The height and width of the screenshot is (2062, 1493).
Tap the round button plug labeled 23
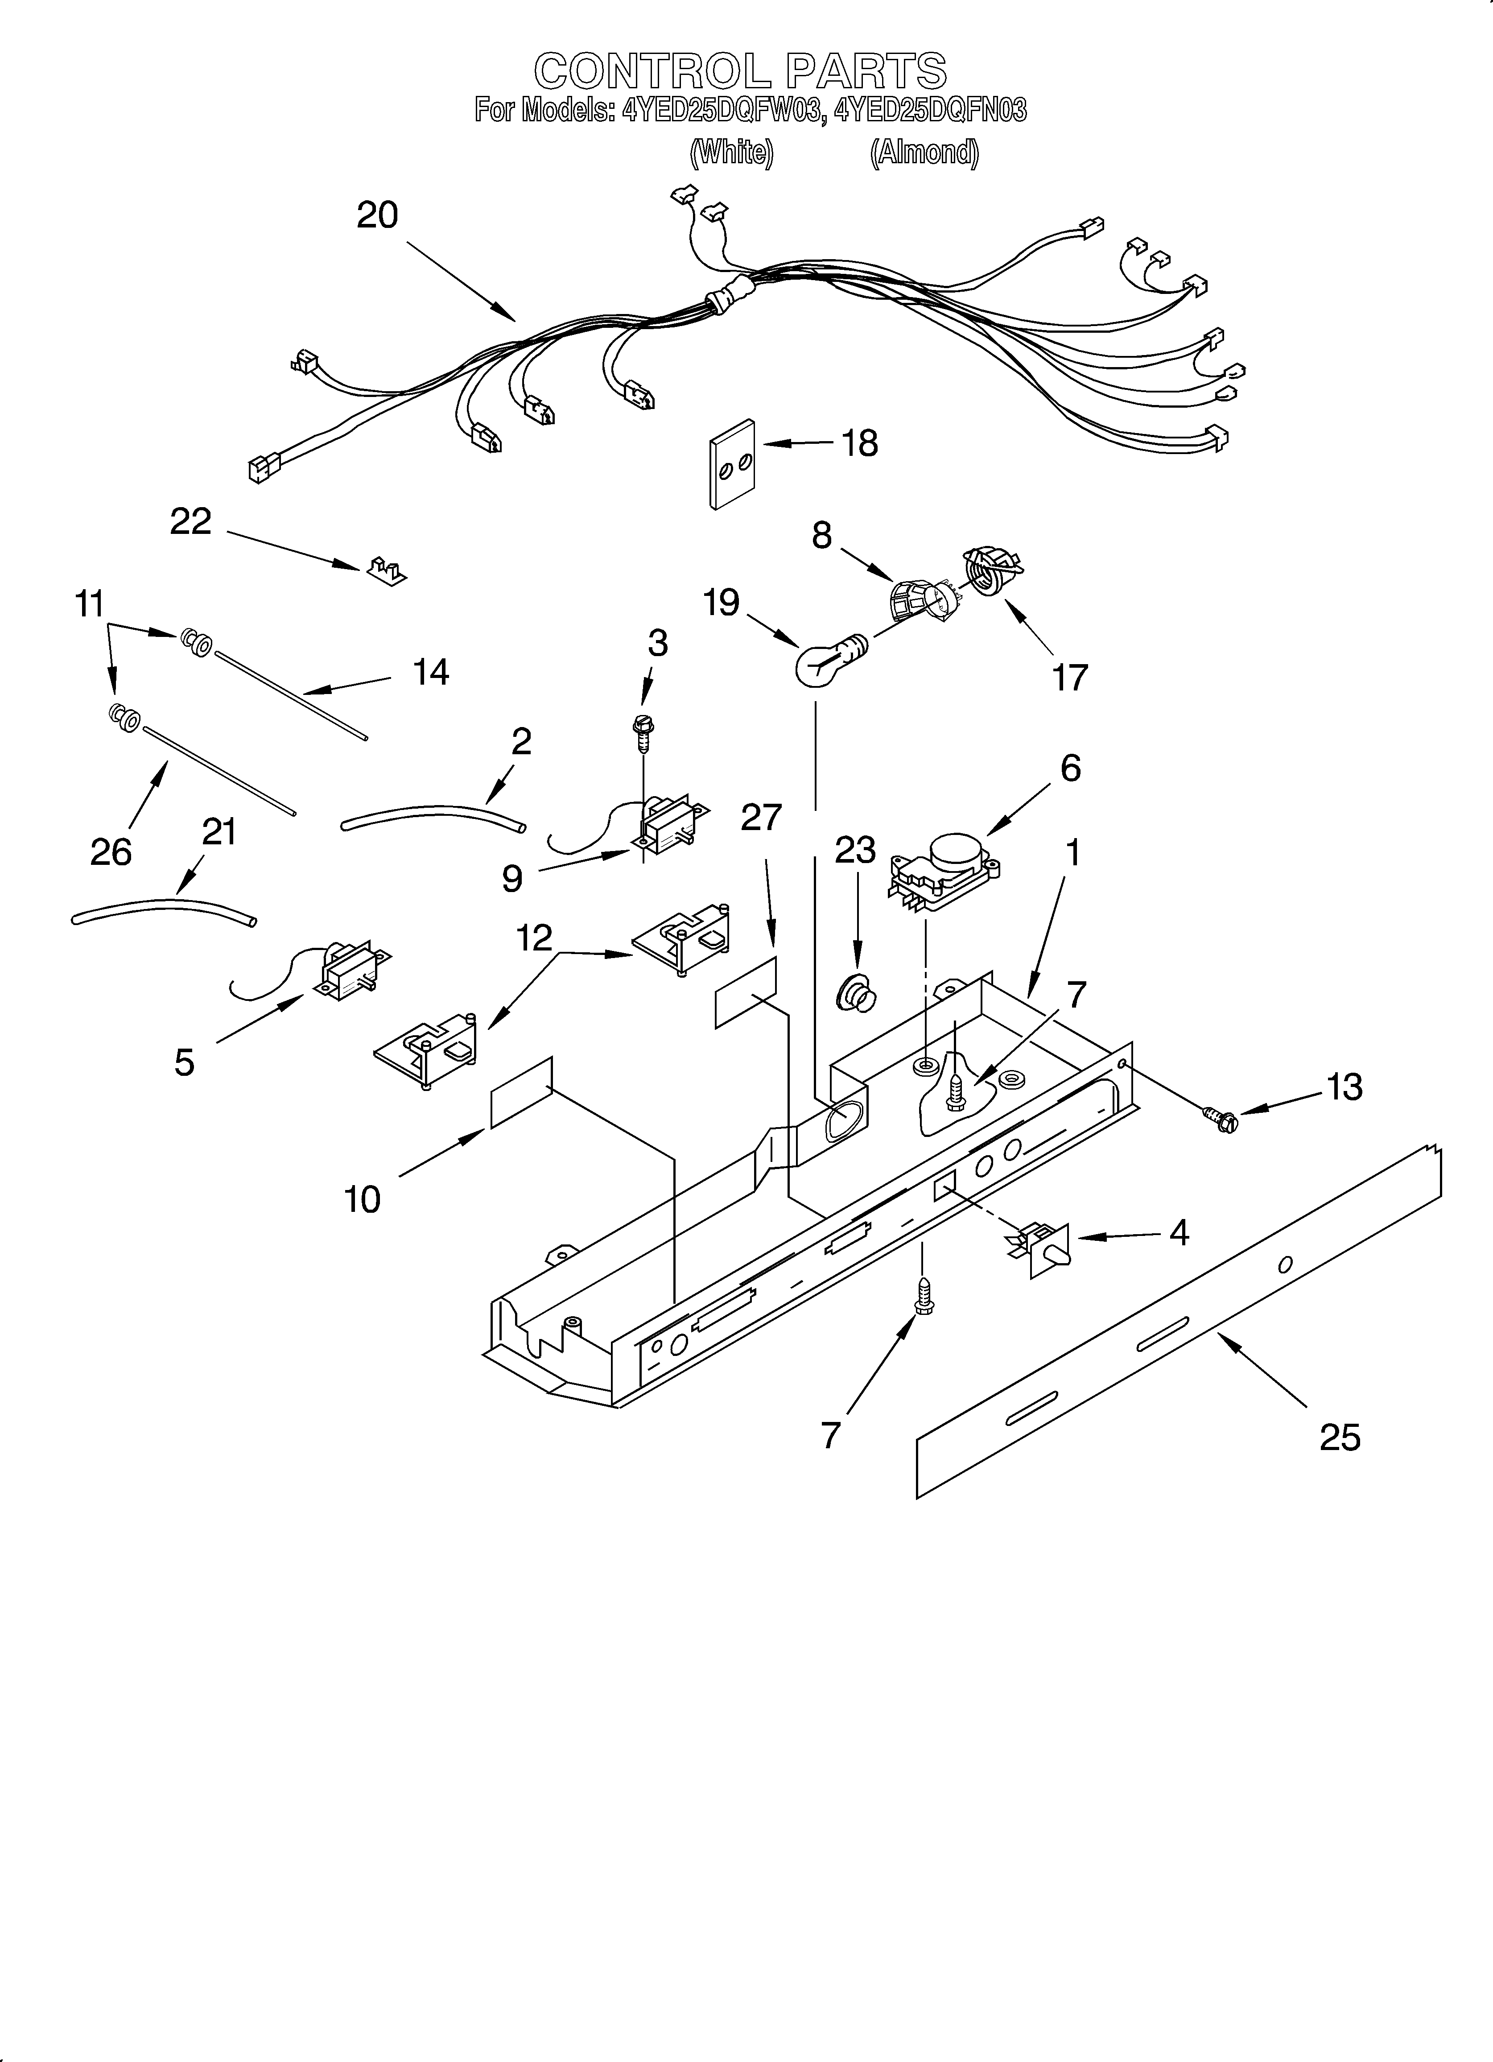pyautogui.click(x=856, y=992)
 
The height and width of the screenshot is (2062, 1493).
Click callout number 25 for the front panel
pyautogui.click(x=1339, y=1438)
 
